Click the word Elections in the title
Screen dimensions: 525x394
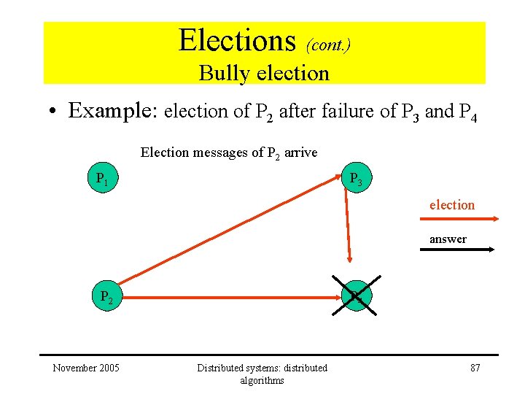coord(237,40)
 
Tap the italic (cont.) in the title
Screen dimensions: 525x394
coord(329,45)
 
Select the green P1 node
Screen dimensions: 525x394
coord(102,179)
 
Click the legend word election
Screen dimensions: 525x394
coord(451,205)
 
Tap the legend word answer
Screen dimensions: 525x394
coord(448,239)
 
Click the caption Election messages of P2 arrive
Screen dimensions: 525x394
coord(228,152)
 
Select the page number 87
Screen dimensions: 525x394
coord(475,368)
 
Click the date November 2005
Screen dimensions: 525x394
coord(86,368)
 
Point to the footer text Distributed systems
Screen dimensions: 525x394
coord(262,368)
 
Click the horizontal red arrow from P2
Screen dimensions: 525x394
coord(230,298)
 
